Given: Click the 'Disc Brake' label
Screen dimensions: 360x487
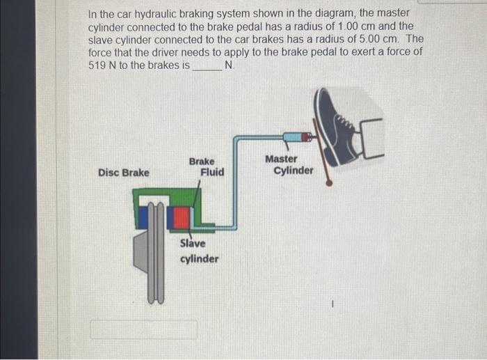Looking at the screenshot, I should (x=123, y=172).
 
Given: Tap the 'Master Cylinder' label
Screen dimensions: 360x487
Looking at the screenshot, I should (x=290, y=164).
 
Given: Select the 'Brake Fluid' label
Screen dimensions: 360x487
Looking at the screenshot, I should (x=207, y=166).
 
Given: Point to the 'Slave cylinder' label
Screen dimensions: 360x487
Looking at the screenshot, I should (x=198, y=251).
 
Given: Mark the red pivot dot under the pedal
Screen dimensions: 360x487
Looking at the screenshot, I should (x=329, y=183).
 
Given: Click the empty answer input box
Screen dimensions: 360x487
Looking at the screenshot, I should (x=143, y=329).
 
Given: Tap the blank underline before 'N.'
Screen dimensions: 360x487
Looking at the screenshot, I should (x=207, y=65).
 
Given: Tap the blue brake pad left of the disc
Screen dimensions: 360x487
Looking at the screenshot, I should (x=143, y=217).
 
